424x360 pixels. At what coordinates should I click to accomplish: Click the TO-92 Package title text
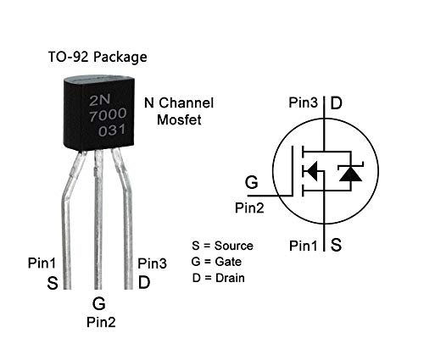[97, 58]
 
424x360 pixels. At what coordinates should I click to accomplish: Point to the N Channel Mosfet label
[179, 111]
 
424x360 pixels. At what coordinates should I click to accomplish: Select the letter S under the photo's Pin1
[53, 283]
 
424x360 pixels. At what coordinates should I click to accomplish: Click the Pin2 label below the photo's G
[101, 322]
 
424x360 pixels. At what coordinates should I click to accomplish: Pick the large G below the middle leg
[99, 302]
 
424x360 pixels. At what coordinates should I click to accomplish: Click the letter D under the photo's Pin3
[144, 282]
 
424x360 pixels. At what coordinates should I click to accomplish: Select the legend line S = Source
[222, 246]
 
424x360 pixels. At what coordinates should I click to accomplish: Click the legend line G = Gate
[217, 262]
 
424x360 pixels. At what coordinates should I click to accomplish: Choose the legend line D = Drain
[219, 278]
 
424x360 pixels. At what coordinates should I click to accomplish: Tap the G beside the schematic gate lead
[251, 182]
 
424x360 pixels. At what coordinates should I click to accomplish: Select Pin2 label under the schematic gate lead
[250, 206]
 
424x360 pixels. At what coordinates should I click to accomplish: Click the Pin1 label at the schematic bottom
[304, 246]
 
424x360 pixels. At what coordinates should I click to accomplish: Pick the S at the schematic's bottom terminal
[336, 246]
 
